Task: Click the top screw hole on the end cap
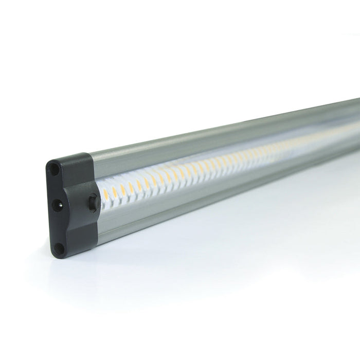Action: (x=53, y=168)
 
